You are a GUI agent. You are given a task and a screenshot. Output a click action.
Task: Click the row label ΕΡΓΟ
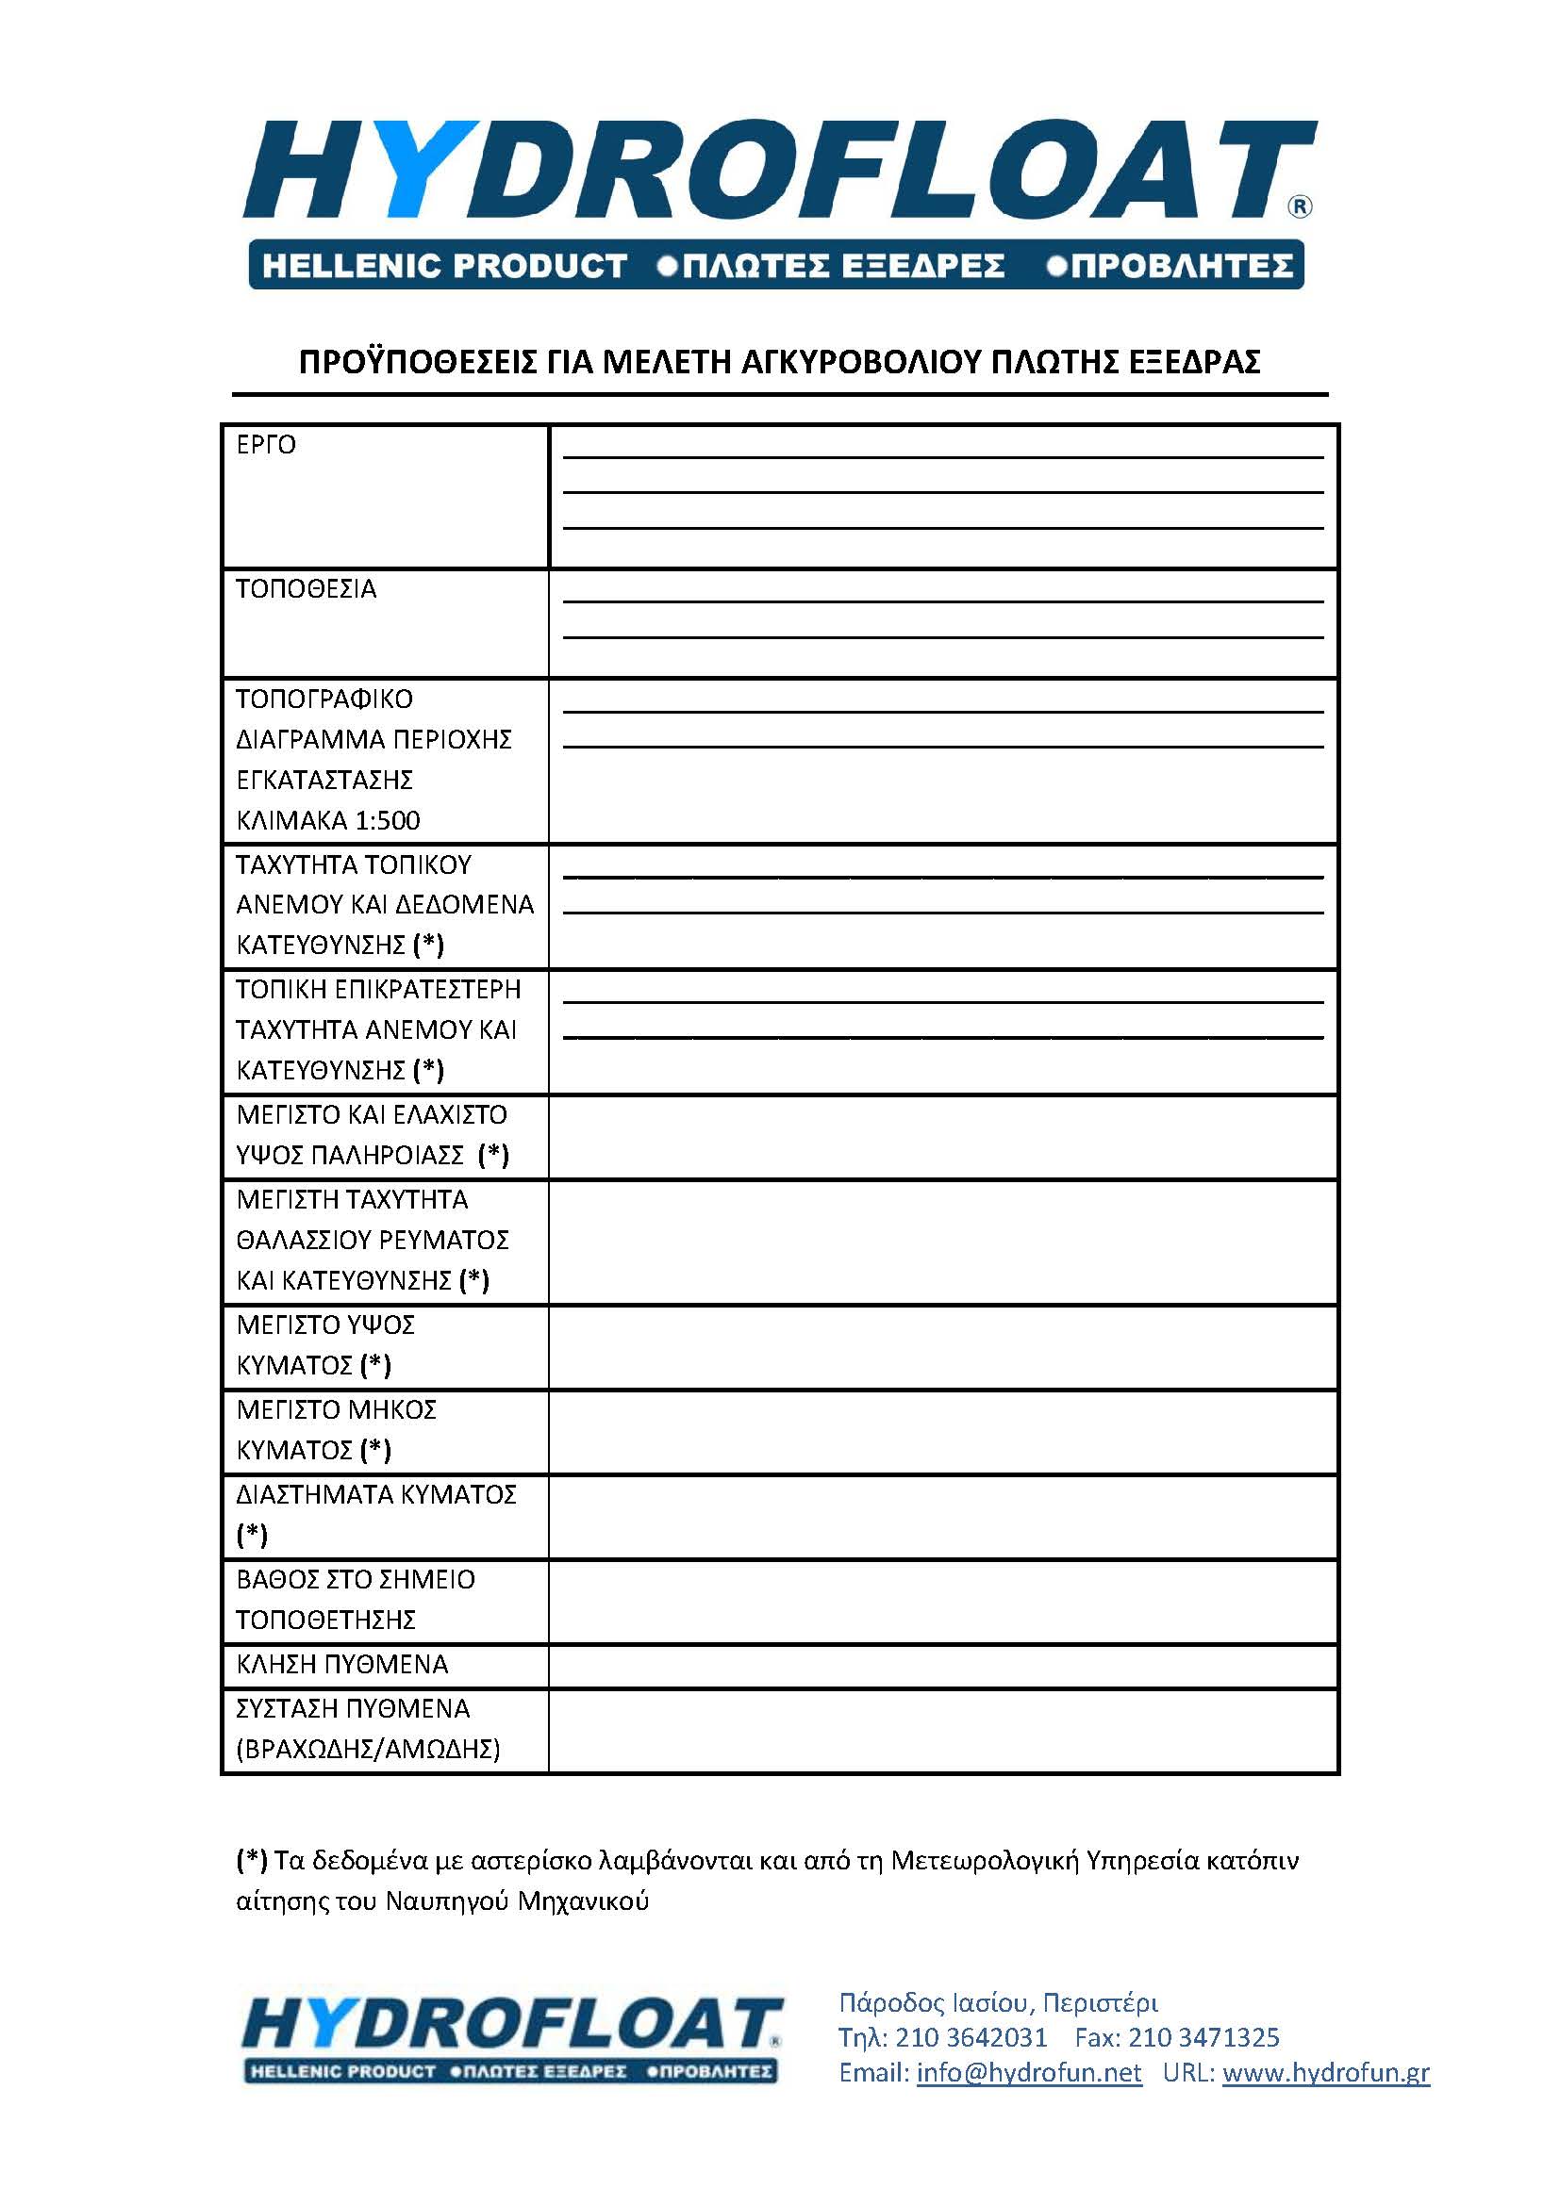pos(266,445)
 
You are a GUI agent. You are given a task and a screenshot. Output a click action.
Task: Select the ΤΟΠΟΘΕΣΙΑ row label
pos(306,588)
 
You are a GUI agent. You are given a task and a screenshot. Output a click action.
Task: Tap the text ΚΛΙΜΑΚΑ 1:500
pos(327,820)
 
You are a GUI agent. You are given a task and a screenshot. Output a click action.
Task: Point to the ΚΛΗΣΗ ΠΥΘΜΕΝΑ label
pos(342,1664)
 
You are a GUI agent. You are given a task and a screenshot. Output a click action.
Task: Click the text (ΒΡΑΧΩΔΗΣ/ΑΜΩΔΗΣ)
pos(368,1749)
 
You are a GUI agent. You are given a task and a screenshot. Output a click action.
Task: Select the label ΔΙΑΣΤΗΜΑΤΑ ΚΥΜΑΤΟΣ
pos(375,1494)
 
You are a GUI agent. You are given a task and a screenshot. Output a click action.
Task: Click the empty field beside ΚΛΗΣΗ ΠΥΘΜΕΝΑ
pos(942,1665)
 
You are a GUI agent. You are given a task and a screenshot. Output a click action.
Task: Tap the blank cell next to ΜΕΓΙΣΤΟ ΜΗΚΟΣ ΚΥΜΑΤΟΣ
pos(942,1431)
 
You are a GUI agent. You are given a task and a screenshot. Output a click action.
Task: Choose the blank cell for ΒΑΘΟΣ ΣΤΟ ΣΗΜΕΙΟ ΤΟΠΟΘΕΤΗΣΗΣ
pos(942,1601)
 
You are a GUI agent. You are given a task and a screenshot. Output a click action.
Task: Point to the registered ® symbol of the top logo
pos(1299,206)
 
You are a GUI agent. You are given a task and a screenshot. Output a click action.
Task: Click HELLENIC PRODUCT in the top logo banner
pos(444,265)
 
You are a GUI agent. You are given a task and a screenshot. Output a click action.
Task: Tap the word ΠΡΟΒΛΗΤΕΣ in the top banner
pos(1182,265)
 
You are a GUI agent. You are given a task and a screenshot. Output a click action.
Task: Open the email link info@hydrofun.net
pos(1029,2072)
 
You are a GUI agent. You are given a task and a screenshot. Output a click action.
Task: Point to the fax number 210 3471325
pos(1203,2037)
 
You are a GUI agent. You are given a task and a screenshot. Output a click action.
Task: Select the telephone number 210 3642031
pos(971,2037)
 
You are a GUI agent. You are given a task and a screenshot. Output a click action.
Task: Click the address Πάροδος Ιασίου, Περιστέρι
pos(998,2002)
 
